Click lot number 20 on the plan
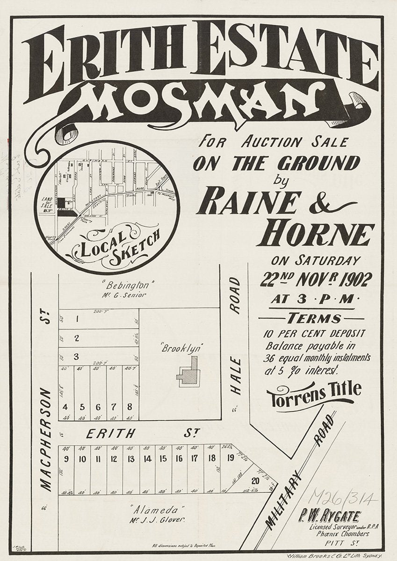pyautogui.click(x=255, y=481)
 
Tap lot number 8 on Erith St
pyautogui.click(x=130, y=407)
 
